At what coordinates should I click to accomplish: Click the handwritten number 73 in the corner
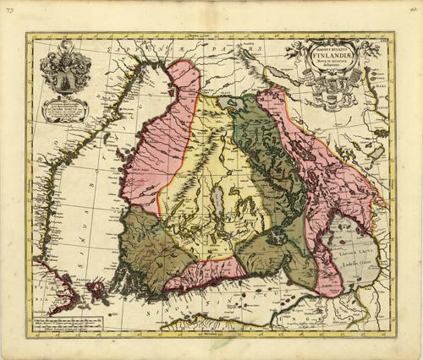click(8, 8)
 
